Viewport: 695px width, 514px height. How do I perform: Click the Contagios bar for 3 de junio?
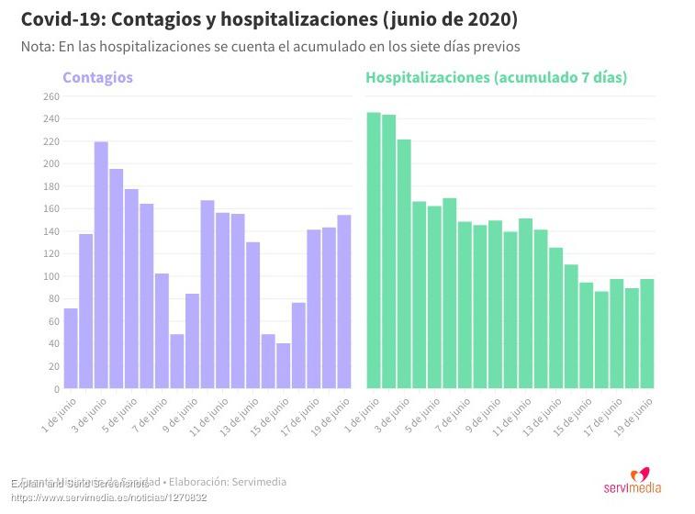(101, 265)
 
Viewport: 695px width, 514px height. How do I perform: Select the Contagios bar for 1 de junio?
(71, 349)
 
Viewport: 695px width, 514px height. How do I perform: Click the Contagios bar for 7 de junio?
(162, 331)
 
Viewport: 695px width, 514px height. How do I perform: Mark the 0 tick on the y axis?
(56, 389)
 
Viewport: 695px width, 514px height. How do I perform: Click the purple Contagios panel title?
(97, 78)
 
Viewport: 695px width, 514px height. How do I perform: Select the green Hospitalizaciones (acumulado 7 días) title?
(496, 78)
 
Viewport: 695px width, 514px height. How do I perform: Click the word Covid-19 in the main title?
(57, 19)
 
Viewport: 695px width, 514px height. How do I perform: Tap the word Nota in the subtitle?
(38, 47)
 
